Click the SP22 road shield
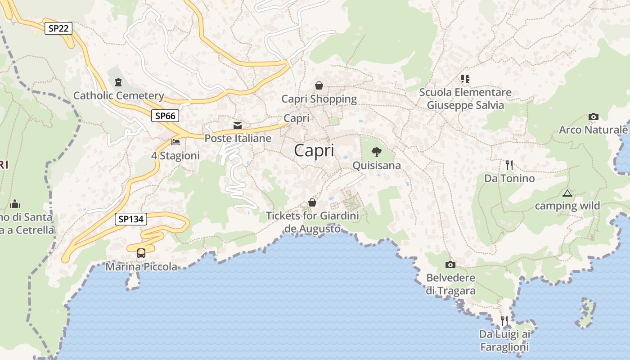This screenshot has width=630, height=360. point(58,28)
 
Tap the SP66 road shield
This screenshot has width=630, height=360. point(165,116)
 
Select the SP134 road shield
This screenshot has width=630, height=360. point(131,219)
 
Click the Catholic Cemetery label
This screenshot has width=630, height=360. point(119,95)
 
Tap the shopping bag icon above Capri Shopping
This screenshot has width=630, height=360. point(319,85)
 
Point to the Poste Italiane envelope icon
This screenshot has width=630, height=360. point(237,125)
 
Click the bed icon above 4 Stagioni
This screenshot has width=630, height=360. point(175,142)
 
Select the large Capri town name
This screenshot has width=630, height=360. point(314,150)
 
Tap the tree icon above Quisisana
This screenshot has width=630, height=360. point(377,152)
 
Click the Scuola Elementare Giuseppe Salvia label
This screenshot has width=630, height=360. point(465,99)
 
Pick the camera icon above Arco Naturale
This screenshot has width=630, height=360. point(593,117)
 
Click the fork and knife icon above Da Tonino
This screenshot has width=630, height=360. point(509,165)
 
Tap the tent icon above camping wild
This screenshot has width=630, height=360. point(567,193)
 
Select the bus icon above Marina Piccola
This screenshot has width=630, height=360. point(141,253)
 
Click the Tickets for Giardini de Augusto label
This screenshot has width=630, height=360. point(313,222)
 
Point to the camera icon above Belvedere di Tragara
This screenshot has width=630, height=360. point(450,265)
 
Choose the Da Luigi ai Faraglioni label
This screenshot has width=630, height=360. point(504,340)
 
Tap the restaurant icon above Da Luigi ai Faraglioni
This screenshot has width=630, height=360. point(504,320)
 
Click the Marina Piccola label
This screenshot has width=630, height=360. point(141,267)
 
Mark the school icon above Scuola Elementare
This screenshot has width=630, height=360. point(465,79)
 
